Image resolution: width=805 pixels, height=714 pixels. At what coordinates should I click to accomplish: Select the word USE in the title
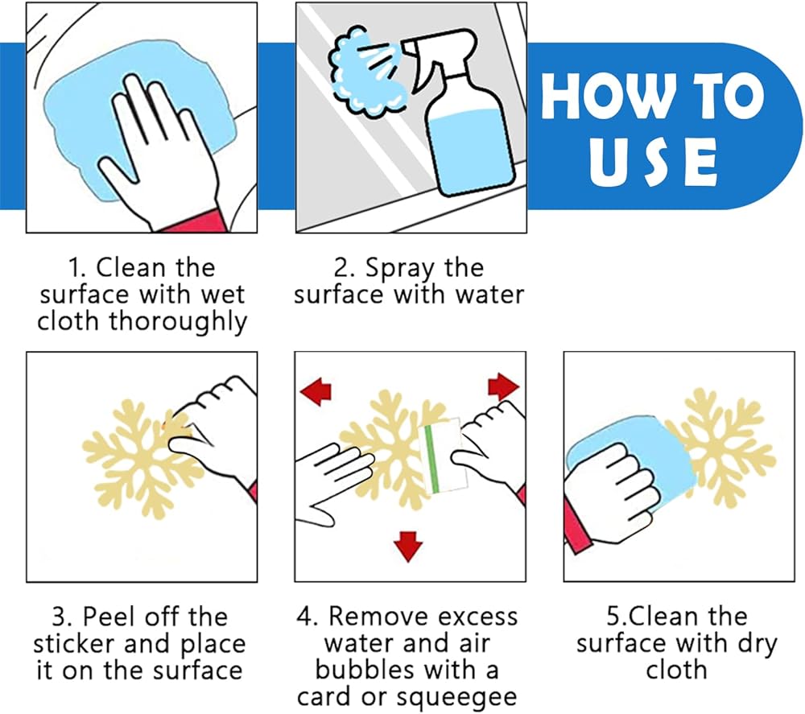click(653, 163)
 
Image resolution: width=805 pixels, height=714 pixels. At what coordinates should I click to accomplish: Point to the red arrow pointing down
click(408, 546)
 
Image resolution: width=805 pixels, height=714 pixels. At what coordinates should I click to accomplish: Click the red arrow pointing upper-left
click(316, 392)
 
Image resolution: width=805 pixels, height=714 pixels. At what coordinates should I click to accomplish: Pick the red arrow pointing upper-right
click(503, 386)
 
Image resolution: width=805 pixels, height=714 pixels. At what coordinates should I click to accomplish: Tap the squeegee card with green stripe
click(444, 456)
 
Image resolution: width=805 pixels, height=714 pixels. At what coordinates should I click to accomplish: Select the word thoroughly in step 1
click(178, 322)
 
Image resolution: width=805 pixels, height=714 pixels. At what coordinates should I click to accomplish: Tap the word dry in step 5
click(757, 645)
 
